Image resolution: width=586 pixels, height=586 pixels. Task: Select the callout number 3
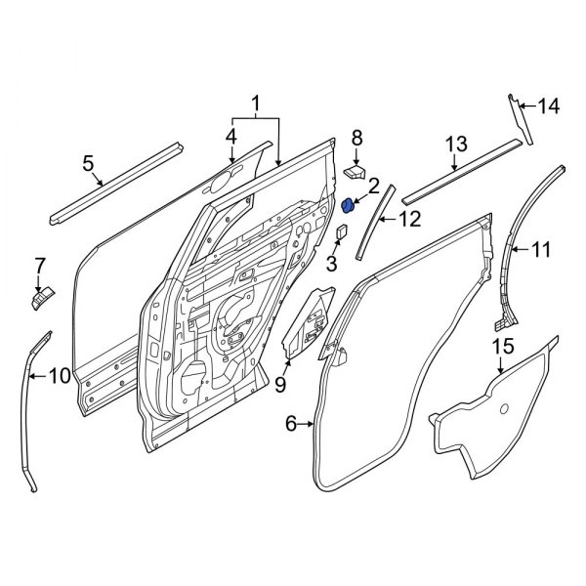click(x=332, y=263)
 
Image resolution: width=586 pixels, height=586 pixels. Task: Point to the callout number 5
click(x=88, y=164)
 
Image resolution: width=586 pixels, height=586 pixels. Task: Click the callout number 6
click(x=290, y=423)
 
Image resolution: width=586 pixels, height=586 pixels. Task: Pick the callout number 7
click(x=40, y=264)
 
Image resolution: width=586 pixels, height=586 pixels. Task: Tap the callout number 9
click(x=279, y=386)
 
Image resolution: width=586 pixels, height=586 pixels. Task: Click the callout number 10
click(x=59, y=374)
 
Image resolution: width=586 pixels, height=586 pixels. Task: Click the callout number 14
click(x=550, y=107)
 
